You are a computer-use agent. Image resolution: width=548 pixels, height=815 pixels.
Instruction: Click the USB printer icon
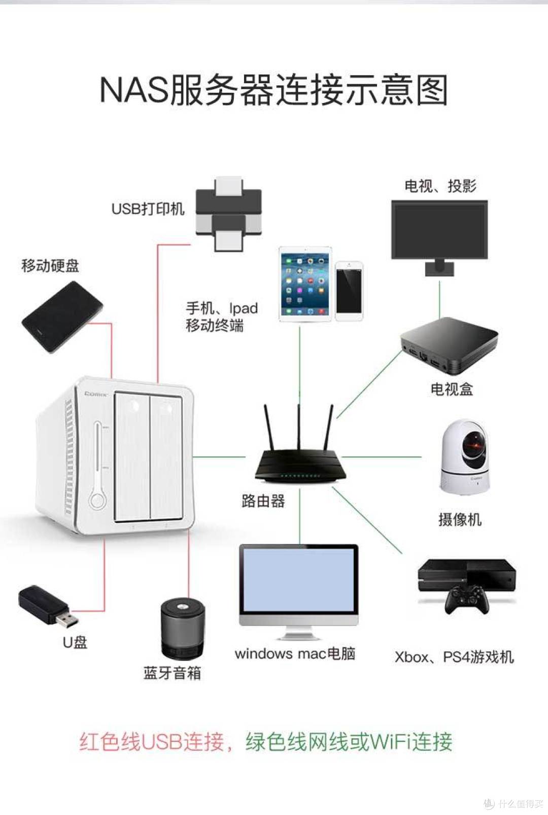[229, 214]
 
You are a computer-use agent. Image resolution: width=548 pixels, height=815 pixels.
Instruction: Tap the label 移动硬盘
[50, 266]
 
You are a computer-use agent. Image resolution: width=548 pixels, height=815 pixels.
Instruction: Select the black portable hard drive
[61, 317]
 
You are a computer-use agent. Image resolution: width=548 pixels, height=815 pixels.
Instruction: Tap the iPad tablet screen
[305, 284]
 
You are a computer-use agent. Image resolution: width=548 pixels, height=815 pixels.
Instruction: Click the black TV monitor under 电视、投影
[439, 230]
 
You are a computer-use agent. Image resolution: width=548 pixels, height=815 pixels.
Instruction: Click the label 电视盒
[452, 389]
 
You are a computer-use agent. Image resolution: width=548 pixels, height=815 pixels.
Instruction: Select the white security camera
[465, 456]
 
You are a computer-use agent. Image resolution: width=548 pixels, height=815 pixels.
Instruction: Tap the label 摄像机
[460, 519]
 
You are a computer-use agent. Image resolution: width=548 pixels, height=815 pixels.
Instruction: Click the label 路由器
[263, 501]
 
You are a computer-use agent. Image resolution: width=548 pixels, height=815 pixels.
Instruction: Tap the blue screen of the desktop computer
[299, 580]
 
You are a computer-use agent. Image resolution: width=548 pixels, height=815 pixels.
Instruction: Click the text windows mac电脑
[295, 654]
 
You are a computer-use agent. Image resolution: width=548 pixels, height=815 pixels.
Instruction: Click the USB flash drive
[48, 606]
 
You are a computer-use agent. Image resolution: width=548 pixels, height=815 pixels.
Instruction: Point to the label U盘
[75, 643]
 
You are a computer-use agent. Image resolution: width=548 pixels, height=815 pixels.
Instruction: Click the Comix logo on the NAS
[96, 394]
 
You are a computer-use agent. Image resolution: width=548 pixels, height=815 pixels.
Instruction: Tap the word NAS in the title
[134, 90]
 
